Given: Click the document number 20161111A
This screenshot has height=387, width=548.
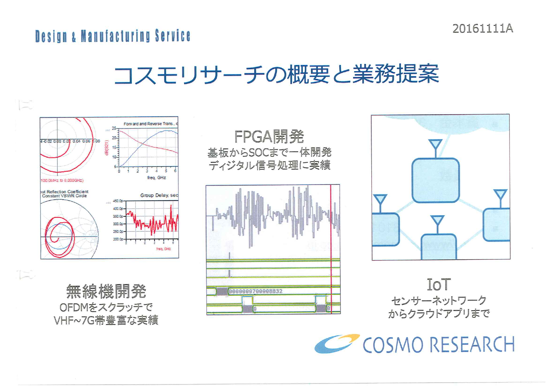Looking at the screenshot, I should tap(482, 29).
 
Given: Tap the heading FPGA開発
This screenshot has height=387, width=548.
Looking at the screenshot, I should tap(269, 137).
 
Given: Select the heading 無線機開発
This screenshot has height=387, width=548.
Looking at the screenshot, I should tap(106, 291).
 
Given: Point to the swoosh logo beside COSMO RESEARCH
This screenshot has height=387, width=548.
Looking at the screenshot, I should tap(337, 344).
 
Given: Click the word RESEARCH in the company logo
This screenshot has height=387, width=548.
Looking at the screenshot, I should tap(472, 345).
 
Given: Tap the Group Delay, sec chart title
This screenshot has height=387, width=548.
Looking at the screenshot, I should tap(159, 195).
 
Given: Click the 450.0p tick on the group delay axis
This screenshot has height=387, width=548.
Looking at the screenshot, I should tap(118, 201).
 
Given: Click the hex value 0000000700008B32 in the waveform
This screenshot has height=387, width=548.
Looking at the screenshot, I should tap(255, 292).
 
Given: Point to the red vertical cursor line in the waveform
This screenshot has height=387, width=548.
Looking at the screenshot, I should tap(331, 237).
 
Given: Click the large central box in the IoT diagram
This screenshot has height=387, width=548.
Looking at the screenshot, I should tap(435, 180).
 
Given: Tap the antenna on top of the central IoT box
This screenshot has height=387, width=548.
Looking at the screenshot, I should tap(435, 147).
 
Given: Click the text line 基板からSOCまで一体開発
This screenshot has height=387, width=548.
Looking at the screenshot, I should tap(269, 153).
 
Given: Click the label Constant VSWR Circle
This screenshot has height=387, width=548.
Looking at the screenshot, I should tap(64, 196).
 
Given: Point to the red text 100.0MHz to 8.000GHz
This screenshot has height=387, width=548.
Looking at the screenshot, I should tap(62, 181).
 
